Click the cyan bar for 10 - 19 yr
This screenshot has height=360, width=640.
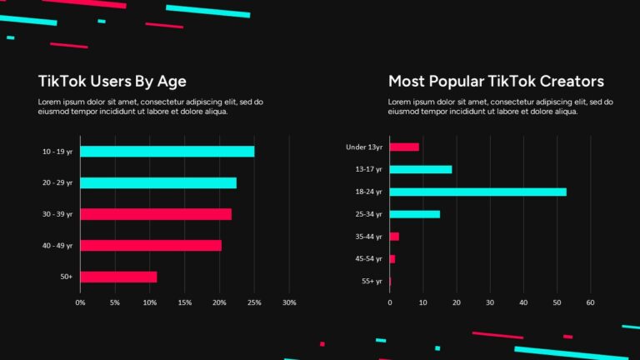(x=167, y=152)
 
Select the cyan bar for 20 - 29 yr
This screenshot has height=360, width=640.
(x=158, y=182)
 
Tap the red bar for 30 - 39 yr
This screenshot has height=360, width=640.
(x=156, y=214)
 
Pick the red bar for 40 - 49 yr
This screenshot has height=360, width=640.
(x=151, y=245)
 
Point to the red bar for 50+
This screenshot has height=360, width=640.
(x=118, y=277)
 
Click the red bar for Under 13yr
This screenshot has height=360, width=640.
(x=404, y=147)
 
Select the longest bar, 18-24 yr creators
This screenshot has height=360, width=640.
(x=477, y=192)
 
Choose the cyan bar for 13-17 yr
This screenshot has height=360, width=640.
(x=421, y=169)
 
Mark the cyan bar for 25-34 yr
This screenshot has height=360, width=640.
(x=414, y=214)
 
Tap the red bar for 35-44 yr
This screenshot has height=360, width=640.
(x=394, y=237)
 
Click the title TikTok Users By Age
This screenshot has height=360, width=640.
(x=112, y=81)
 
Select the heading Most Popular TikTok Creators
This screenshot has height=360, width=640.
(x=496, y=81)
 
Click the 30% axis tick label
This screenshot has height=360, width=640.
(x=289, y=302)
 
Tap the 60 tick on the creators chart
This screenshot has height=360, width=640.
(x=590, y=302)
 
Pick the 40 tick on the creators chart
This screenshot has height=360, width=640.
(x=523, y=302)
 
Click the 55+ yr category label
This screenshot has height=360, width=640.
(x=372, y=282)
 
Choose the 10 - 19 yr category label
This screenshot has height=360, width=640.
(x=57, y=152)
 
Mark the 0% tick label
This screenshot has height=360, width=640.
(x=80, y=302)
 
